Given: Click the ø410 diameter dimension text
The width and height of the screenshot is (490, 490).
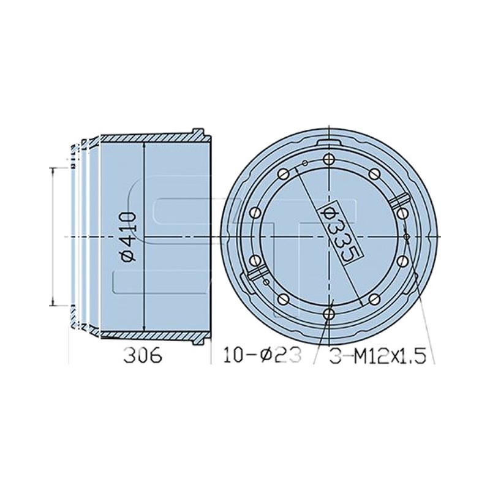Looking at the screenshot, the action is pyautogui.click(x=128, y=236).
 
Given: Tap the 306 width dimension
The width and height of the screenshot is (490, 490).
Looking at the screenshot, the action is pyautogui.click(x=143, y=356).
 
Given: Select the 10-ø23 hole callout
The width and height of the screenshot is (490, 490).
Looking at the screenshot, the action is pyautogui.click(x=263, y=356).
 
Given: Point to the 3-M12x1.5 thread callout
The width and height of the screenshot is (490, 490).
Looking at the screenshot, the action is pyautogui.click(x=378, y=356).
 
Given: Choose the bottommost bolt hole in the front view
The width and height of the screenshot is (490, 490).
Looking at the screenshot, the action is pyautogui.click(x=330, y=314).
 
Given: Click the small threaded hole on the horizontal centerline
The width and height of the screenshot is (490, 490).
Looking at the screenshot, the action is pyautogui.click(x=407, y=237).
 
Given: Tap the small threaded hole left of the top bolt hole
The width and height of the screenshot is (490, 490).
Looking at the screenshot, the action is pyautogui.click(x=305, y=163).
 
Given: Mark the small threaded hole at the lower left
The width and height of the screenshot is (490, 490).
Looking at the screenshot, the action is pyautogui.click(x=266, y=282).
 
